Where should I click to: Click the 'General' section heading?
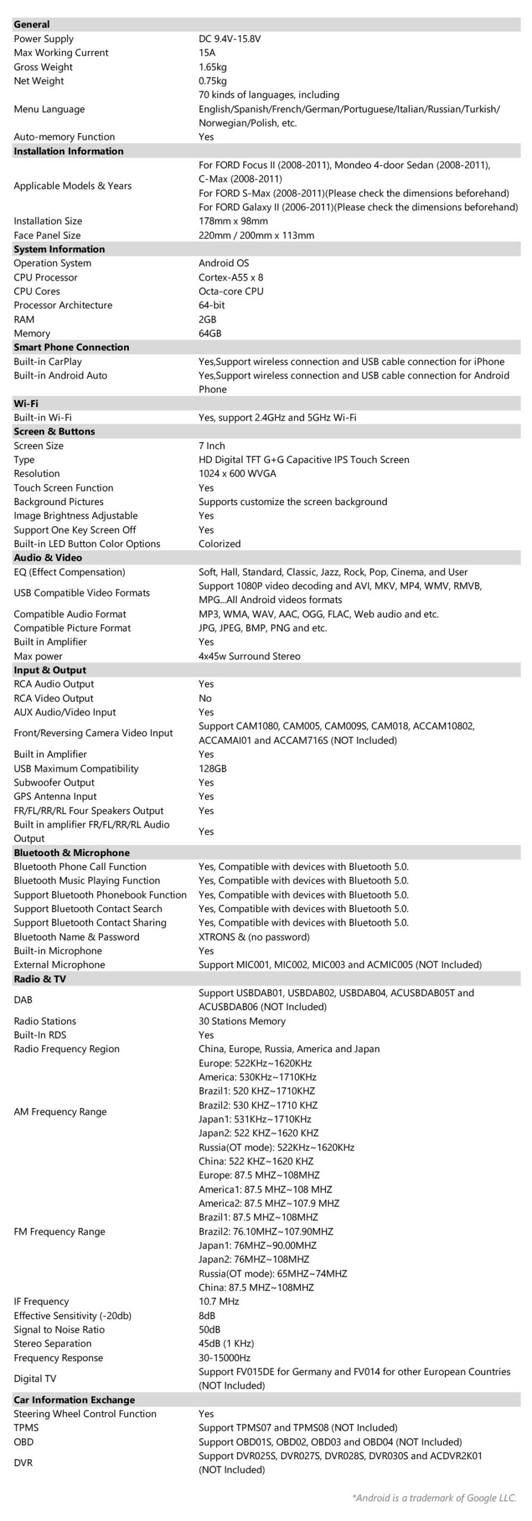point(31,24)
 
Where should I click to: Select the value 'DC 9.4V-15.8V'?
point(229,39)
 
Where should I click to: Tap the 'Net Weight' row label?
point(39,81)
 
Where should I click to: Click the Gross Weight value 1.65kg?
point(213,67)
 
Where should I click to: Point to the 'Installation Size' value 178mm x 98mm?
point(233,221)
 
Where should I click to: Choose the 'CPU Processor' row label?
point(45,277)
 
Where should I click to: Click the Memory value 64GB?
point(210,333)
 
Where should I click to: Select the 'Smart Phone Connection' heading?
point(71,347)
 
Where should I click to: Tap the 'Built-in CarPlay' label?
point(47,361)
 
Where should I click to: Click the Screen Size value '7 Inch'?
point(211,446)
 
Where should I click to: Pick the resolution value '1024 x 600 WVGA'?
point(237,474)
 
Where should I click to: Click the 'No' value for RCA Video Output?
point(205,698)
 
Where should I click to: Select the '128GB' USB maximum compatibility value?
point(212,768)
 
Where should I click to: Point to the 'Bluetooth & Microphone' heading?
point(71,853)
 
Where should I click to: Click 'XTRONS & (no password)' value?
point(254,937)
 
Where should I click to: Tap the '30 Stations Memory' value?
point(242,1021)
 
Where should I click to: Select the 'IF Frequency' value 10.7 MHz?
point(218,1302)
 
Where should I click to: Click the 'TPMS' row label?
point(26,1428)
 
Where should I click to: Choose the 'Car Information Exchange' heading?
point(74,1400)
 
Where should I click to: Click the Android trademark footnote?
point(434,1498)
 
